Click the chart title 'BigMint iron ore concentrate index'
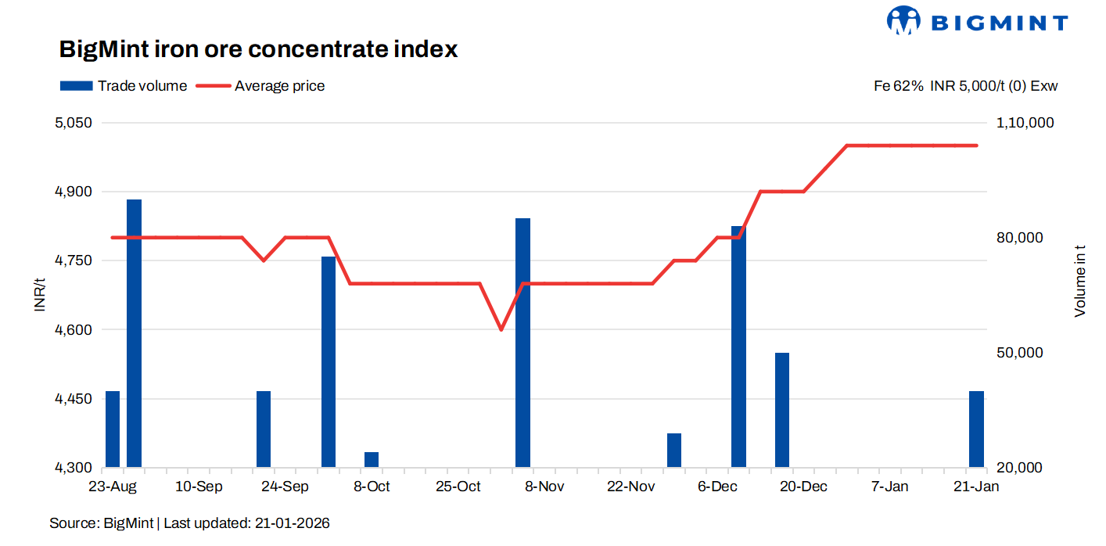(258, 49)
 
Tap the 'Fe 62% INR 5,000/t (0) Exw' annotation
(965, 86)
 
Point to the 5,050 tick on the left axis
(73, 123)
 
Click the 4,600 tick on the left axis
(73, 330)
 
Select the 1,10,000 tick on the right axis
(1025, 123)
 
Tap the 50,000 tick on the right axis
(1020, 353)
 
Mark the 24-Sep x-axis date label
(285, 487)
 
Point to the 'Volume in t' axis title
(1080, 281)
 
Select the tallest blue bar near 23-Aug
(134, 332)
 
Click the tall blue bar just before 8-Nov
(522, 342)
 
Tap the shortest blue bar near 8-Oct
(372, 460)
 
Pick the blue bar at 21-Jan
(976, 429)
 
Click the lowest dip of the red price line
(501, 329)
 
